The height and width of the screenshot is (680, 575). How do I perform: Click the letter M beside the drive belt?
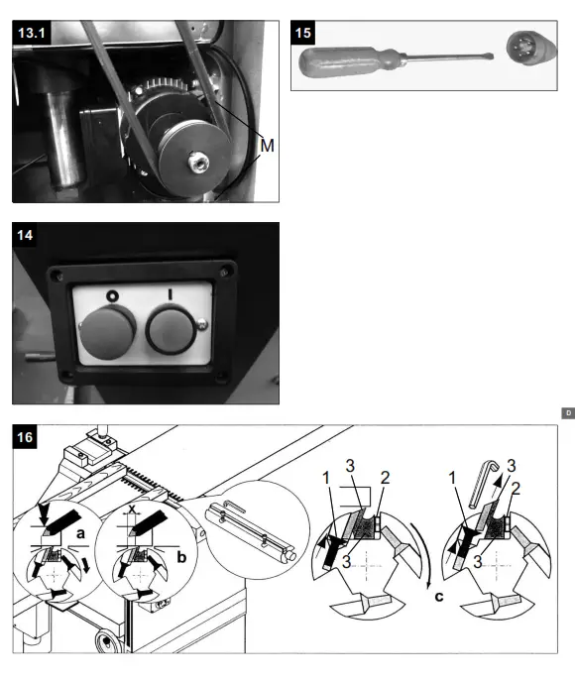pyautogui.click(x=266, y=146)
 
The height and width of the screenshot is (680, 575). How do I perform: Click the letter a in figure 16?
pyautogui.click(x=80, y=532)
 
